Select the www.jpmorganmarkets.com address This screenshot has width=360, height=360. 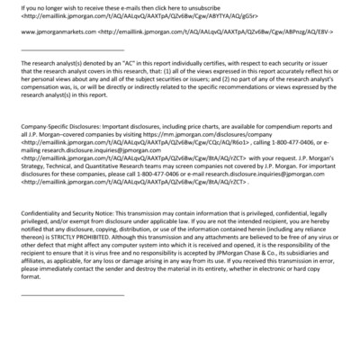tap(46, 31)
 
